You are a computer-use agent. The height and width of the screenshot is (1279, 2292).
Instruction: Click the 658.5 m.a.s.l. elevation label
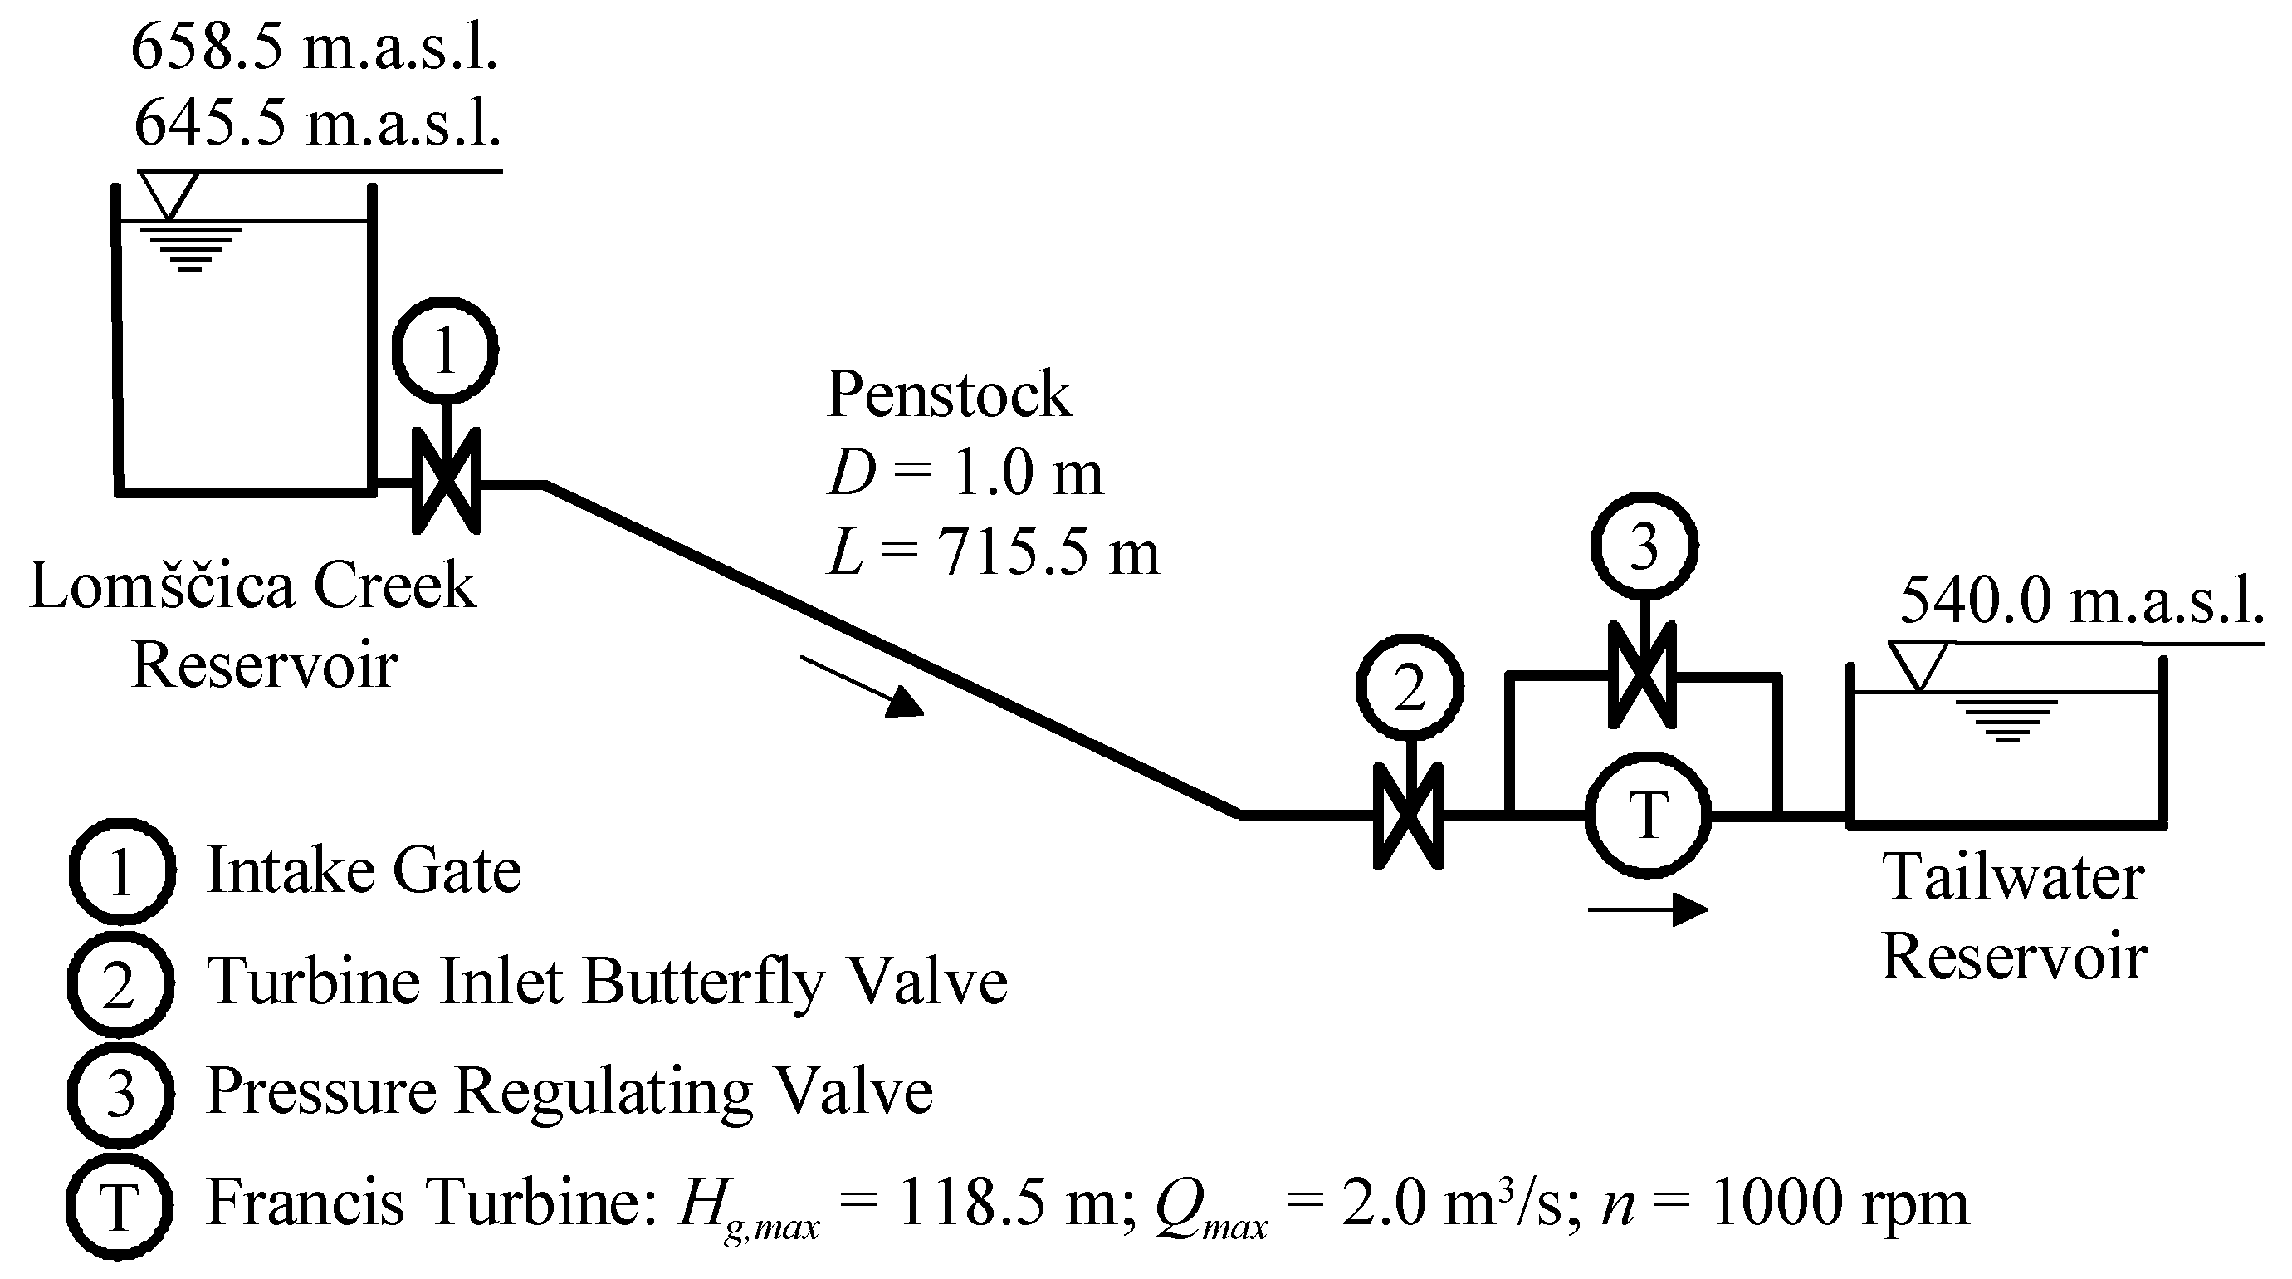314,47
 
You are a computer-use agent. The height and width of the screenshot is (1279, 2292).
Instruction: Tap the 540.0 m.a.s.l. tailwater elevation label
2081,600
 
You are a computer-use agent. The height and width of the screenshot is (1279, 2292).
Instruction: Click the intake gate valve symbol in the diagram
447,482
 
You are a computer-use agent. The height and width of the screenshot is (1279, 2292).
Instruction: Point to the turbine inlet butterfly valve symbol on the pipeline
1409,816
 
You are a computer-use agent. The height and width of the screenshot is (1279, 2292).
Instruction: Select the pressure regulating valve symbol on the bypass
1643,675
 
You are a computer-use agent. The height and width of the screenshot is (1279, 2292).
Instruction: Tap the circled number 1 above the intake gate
445,350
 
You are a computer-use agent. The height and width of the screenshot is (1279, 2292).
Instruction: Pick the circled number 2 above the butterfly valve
1410,687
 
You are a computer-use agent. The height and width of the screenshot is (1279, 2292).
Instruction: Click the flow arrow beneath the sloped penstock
863,686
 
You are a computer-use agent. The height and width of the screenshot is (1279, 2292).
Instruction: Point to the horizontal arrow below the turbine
1648,909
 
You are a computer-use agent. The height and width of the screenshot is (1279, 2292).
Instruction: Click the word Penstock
950,394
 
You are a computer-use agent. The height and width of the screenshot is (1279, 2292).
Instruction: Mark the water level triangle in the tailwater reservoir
1919,666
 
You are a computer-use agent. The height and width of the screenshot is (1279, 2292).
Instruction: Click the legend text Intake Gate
364,870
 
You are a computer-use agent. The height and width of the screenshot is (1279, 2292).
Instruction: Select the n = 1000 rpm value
1785,1203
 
